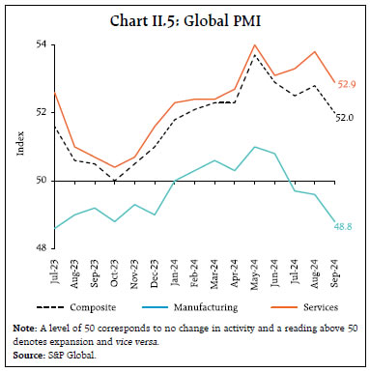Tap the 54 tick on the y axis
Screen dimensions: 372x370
coord(43,44)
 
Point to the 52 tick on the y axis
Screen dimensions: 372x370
coord(43,112)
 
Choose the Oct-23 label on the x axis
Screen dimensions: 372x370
coord(115,269)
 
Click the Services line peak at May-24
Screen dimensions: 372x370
coord(254,45)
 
